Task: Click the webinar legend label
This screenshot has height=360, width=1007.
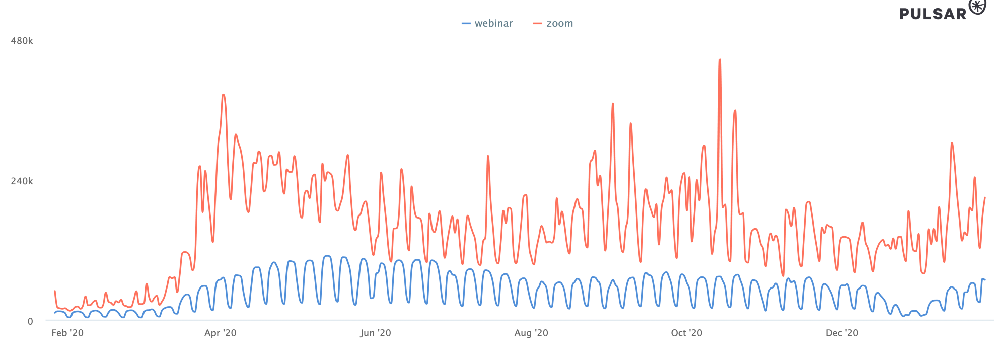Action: click(x=493, y=23)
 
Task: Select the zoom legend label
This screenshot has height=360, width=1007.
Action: click(x=559, y=23)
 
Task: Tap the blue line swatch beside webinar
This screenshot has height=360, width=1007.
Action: click(x=466, y=24)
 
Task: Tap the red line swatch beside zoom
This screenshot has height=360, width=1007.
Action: click(x=538, y=24)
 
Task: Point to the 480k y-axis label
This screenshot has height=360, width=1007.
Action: click(x=22, y=41)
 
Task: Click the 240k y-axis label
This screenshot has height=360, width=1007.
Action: click(x=22, y=181)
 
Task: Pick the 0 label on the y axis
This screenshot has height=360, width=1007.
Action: click(x=30, y=321)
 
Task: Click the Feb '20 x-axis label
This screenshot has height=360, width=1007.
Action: click(x=67, y=333)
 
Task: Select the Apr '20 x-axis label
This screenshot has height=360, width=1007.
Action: click(x=221, y=333)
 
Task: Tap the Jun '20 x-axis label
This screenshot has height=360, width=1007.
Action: click(x=376, y=333)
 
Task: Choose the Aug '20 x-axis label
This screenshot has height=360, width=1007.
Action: click(x=531, y=333)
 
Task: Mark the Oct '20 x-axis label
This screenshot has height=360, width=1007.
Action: click(x=686, y=333)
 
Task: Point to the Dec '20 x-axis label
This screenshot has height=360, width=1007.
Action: click(x=842, y=333)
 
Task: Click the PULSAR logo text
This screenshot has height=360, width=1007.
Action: click(x=933, y=14)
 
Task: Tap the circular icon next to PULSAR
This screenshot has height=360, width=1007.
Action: click(x=977, y=7)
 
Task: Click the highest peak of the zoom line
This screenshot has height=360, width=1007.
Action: click(x=720, y=59)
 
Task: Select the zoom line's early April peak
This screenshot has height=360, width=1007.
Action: click(x=223, y=95)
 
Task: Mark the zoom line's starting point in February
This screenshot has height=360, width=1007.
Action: click(x=55, y=291)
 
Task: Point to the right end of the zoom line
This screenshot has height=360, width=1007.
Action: click(x=985, y=197)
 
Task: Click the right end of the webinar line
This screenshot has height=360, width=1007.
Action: click(x=985, y=279)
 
